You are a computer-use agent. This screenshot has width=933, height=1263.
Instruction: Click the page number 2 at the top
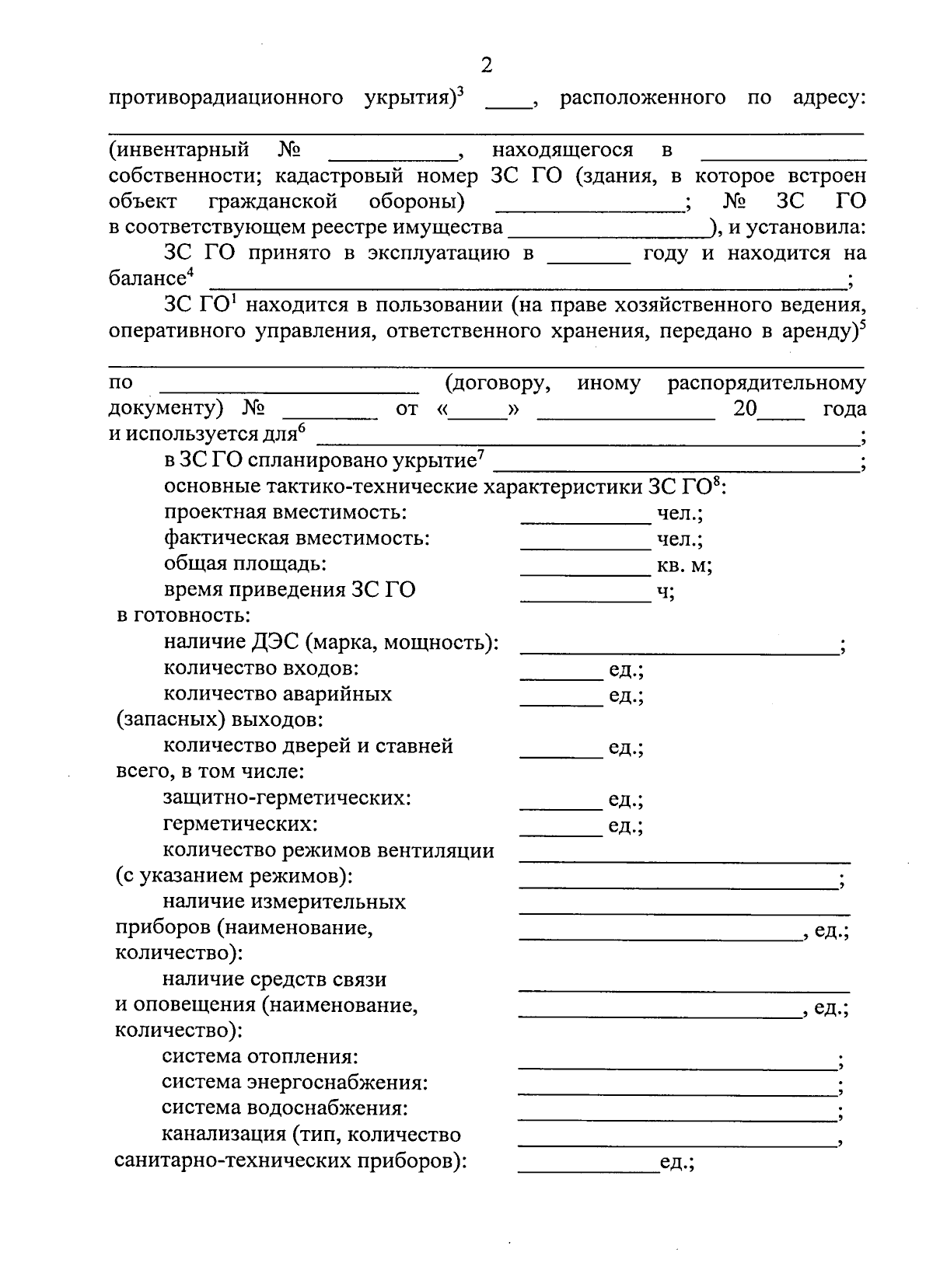(487, 65)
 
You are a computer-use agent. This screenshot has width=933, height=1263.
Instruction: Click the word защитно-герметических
(287, 797)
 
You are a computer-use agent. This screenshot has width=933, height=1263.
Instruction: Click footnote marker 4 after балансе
(190, 272)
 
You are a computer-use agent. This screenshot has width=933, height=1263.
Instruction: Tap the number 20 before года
(745, 409)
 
